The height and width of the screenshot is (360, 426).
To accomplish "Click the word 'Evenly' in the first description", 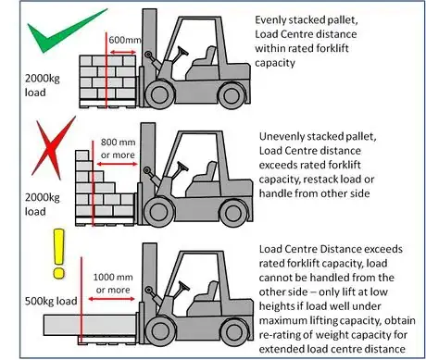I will tap(273, 19).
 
